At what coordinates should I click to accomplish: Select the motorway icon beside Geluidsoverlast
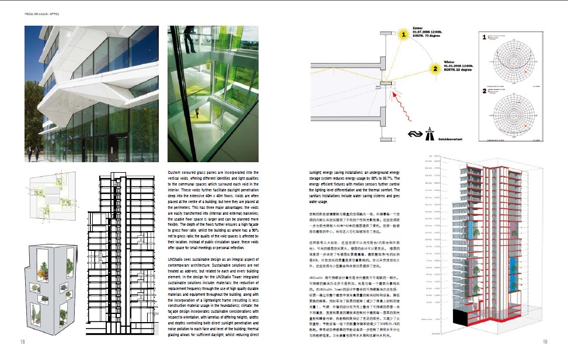click(x=430, y=135)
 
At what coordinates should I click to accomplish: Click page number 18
click(x=22, y=342)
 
